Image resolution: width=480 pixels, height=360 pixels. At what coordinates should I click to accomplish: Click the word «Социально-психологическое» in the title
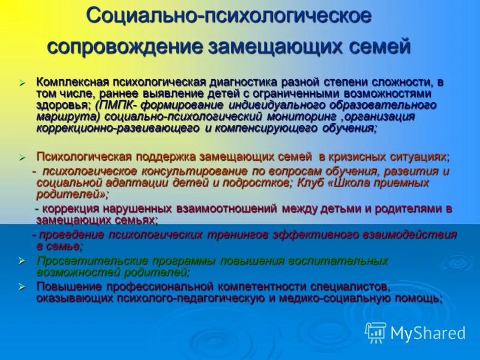click(x=228, y=16)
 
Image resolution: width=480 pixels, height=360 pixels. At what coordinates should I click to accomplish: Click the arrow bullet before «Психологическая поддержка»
click(x=22, y=157)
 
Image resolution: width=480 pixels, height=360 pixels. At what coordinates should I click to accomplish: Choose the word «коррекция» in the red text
click(x=71, y=209)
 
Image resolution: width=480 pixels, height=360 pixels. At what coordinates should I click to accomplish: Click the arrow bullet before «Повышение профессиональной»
click(x=22, y=287)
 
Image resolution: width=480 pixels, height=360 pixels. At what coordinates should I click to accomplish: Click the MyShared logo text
click(x=427, y=333)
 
